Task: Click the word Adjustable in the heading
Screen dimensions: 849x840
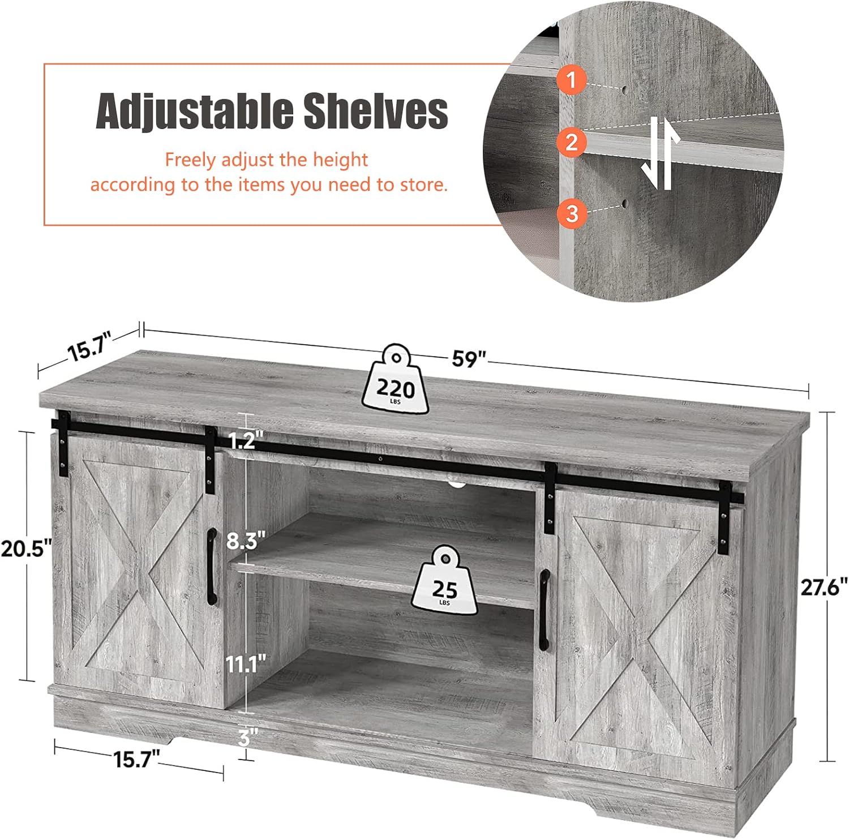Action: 194,111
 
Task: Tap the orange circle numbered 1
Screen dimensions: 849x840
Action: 571,79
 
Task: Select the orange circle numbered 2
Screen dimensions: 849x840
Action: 571,142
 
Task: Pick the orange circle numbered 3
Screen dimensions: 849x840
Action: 572,214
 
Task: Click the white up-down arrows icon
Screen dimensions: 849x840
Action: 660,153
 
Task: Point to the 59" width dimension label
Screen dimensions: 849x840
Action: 469,358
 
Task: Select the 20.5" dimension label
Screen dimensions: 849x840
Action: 26,548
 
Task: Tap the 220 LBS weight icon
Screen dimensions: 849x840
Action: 396,378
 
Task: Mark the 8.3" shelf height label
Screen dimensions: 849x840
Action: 246,541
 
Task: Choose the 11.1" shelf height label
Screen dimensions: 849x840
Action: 246,664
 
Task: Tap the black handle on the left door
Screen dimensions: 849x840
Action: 211,567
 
